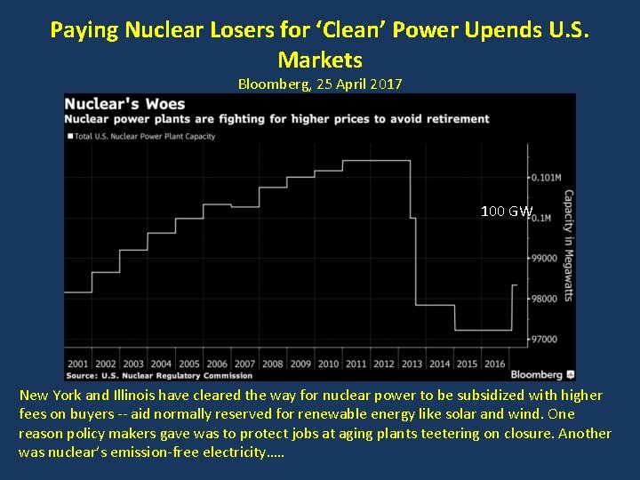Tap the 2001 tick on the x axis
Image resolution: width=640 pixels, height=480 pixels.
point(77,364)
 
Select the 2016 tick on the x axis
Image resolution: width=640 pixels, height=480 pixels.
point(495,364)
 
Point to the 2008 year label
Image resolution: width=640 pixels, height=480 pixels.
point(272,364)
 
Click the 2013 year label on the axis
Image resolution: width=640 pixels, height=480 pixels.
point(412,364)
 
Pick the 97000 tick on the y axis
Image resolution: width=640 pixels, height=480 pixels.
point(545,340)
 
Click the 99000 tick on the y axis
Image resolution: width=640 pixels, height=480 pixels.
point(545,259)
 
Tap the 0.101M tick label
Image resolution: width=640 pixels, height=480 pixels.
point(545,178)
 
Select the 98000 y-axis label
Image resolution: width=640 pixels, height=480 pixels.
point(545,299)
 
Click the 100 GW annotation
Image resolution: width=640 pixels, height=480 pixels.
point(506,212)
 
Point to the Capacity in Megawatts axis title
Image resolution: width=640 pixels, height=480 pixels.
point(568,245)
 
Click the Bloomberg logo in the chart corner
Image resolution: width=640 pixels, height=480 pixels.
point(543,374)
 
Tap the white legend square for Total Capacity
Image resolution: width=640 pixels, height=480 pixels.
point(69,136)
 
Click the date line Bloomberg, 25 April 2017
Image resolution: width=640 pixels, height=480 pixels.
point(320,84)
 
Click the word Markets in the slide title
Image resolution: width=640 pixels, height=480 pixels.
point(320,60)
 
